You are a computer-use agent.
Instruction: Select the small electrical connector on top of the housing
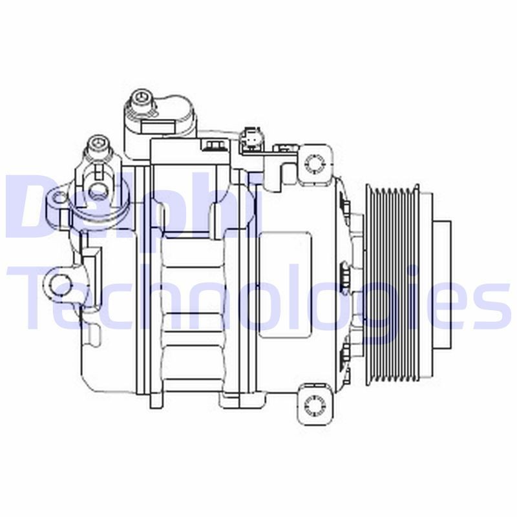click(248, 140)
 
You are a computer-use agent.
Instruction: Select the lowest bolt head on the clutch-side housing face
click(344, 353)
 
